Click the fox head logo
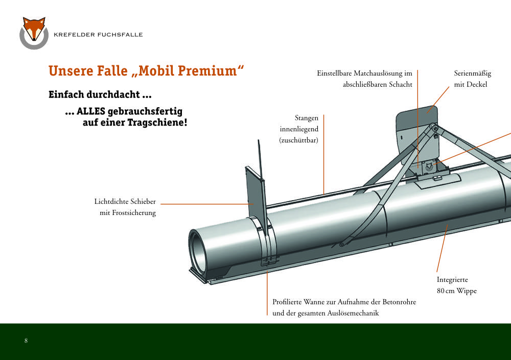click(34, 33)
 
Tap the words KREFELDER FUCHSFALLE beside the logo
click(98, 35)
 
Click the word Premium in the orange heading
click(205, 70)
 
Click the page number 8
click(26, 341)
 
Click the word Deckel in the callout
click(477, 84)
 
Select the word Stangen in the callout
click(306, 118)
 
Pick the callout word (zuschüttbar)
click(298, 140)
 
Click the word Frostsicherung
click(134, 213)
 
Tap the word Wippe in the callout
click(467, 291)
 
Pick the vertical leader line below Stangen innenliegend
click(323, 154)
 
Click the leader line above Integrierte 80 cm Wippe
click(442, 248)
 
